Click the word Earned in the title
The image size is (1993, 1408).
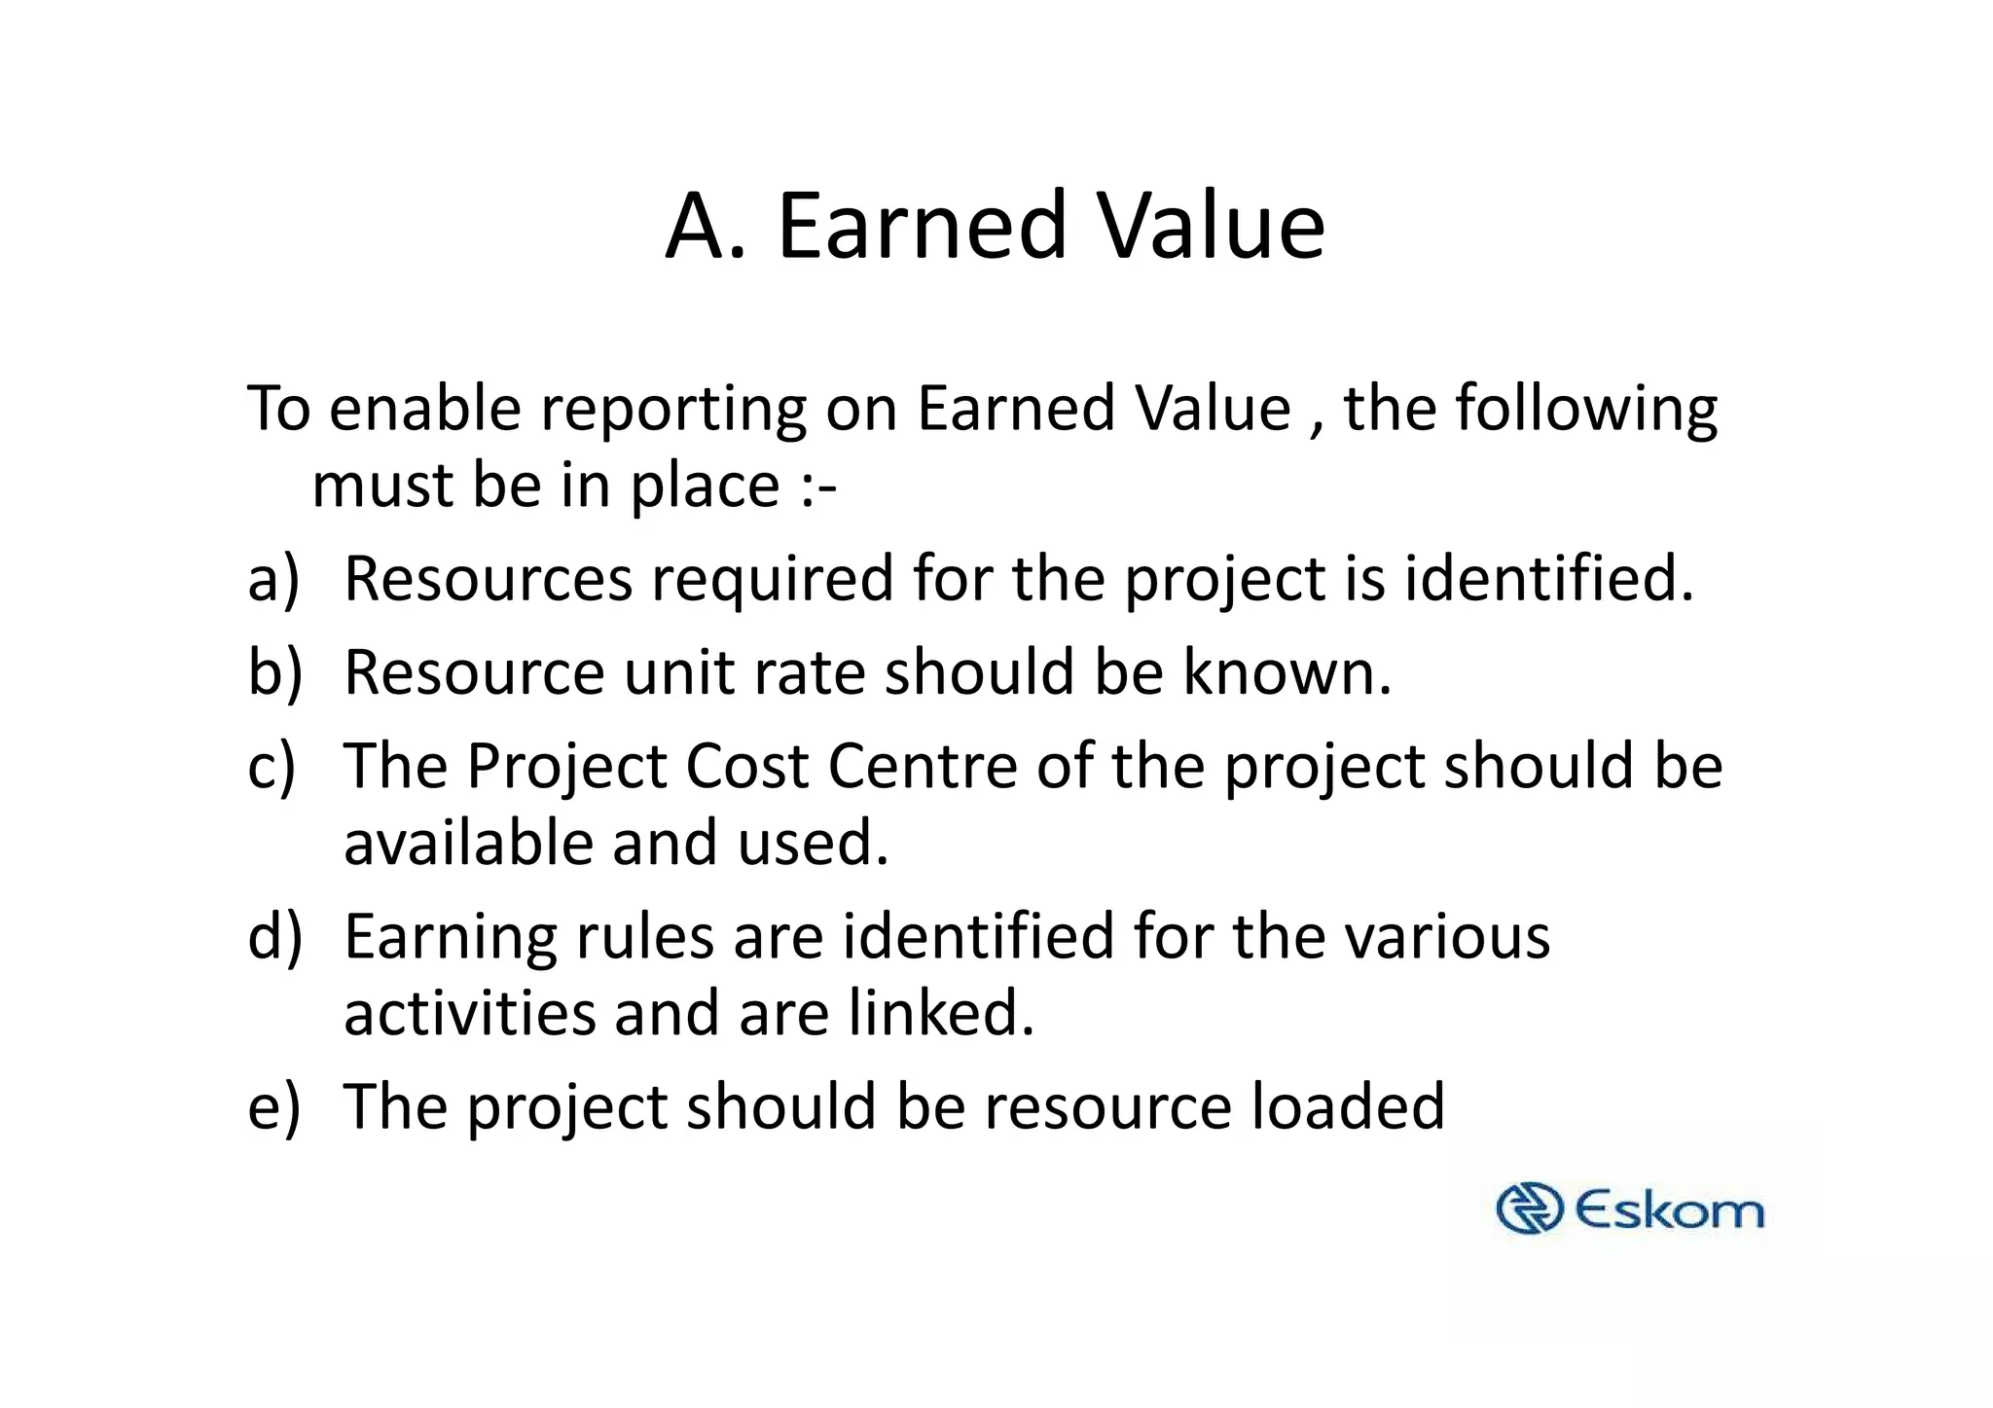[x=922, y=226]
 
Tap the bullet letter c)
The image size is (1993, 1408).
[x=272, y=766]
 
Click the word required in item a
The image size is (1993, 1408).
[x=772, y=579]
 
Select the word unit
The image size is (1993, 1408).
[x=678, y=672]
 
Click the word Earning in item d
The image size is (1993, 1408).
[x=451, y=937]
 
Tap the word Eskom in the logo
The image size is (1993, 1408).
[x=1668, y=1211]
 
